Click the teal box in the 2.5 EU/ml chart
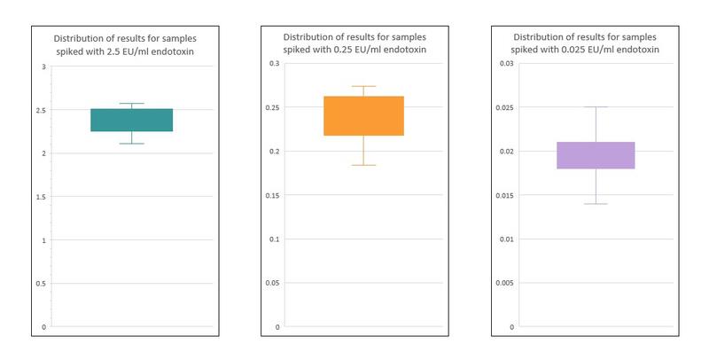coord(131,120)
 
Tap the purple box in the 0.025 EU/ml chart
coord(596,155)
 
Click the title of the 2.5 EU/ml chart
coord(124,44)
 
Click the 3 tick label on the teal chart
coord(43,67)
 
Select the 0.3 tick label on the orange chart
coord(274,64)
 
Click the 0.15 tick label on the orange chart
coord(272,195)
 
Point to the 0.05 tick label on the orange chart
coord(272,283)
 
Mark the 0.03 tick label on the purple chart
coord(505,64)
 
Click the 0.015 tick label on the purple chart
coord(503,195)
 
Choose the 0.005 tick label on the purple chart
coord(503,283)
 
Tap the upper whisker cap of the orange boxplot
coord(363,87)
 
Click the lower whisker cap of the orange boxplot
coord(363,165)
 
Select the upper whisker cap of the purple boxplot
coord(596,107)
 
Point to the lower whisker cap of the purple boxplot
coord(596,204)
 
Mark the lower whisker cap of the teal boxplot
coord(131,143)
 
